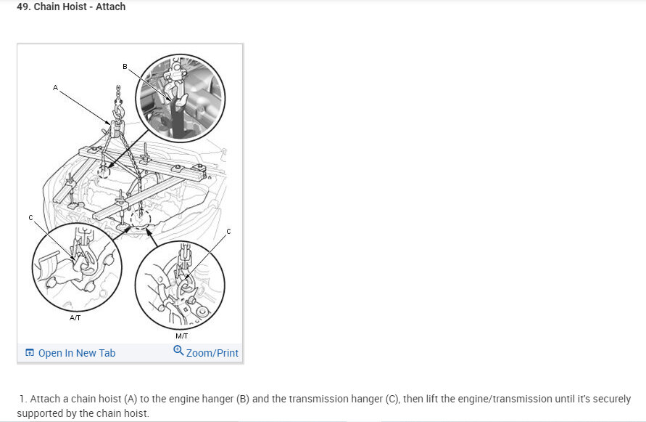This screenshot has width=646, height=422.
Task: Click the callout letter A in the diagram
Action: coord(55,88)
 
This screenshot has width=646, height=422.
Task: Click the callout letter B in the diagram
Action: coord(125,67)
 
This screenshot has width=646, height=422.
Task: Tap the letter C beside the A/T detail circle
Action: coord(30,218)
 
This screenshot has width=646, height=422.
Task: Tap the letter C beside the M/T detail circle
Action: coord(228,231)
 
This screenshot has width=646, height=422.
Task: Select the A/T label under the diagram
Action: coord(75,317)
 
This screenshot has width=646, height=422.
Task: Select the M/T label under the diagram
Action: coord(182,336)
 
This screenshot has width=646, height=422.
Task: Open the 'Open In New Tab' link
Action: coord(77,353)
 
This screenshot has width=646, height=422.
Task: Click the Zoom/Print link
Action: coord(212,353)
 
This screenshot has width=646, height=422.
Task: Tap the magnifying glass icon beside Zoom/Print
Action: coord(178,351)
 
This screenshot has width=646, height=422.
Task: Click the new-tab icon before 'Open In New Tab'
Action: coord(30,352)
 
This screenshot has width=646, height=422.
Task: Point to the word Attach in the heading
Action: coord(110,7)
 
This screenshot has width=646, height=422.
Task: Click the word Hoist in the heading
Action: coord(75,7)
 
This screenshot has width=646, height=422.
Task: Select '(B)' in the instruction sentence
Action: coord(243,399)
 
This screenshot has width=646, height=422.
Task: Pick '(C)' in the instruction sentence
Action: coord(392,399)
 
